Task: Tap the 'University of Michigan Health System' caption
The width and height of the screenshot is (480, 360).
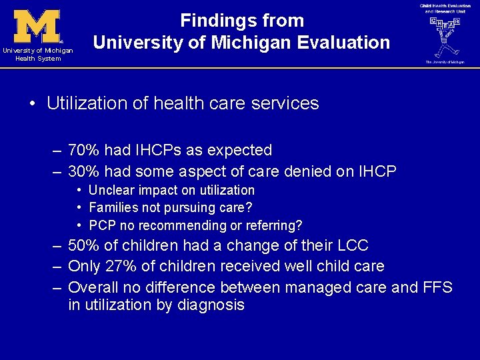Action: coord(37,55)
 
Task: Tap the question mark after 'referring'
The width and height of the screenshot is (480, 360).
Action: coord(299,225)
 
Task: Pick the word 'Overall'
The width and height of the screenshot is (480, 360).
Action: coord(93,288)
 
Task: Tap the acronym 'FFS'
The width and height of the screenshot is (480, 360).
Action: coord(436,288)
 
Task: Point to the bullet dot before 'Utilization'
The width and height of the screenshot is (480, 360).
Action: coord(32,104)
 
